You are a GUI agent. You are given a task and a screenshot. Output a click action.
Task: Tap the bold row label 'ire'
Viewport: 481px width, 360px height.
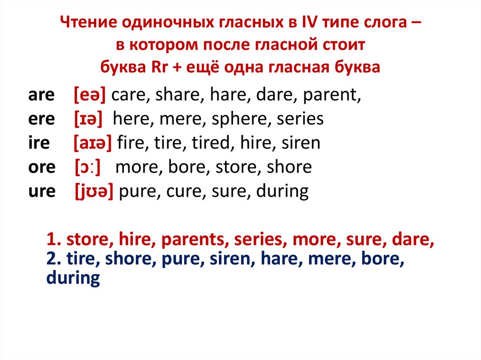tap(39, 143)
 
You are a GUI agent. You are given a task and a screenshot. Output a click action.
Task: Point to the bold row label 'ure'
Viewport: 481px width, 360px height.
tap(42, 191)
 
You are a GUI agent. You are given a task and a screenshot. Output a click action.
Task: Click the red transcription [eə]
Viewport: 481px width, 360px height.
tap(89, 96)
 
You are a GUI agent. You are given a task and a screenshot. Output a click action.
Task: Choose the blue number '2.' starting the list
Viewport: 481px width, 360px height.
tap(54, 259)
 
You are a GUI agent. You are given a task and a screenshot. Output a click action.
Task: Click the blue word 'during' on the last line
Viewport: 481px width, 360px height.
tap(73, 278)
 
